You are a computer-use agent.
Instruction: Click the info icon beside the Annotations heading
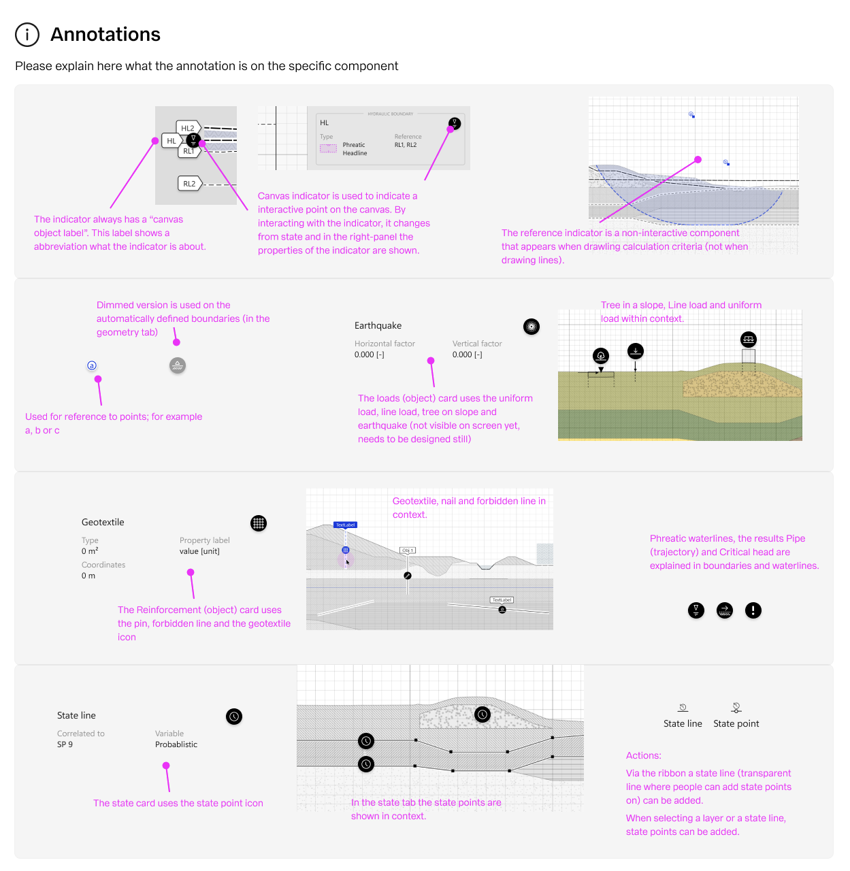click(x=27, y=35)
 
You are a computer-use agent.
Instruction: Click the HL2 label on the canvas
click(x=188, y=128)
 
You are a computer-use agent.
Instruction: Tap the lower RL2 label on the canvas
click(x=189, y=184)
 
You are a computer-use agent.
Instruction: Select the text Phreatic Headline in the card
click(x=355, y=149)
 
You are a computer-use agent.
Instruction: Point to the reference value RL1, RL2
click(x=406, y=145)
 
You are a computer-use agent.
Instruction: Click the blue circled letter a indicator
click(x=92, y=365)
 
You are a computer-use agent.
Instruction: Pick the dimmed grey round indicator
click(x=178, y=365)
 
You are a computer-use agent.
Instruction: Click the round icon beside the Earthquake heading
click(x=532, y=327)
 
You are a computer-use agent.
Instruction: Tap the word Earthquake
click(x=378, y=326)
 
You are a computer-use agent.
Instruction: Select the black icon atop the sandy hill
click(x=749, y=339)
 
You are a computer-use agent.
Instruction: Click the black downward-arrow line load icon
click(x=635, y=351)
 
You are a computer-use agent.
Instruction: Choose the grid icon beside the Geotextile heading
click(x=259, y=523)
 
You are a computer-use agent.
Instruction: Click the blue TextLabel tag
click(x=345, y=525)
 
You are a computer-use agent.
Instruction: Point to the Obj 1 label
click(x=407, y=550)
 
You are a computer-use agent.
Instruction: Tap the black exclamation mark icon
click(x=753, y=610)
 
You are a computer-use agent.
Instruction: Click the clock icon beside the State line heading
click(x=234, y=717)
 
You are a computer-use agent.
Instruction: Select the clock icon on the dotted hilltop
click(x=483, y=714)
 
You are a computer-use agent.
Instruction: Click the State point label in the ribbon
click(x=736, y=724)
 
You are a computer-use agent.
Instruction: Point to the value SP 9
click(x=65, y=744)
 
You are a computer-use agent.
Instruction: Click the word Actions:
click(x=643, y=756)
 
